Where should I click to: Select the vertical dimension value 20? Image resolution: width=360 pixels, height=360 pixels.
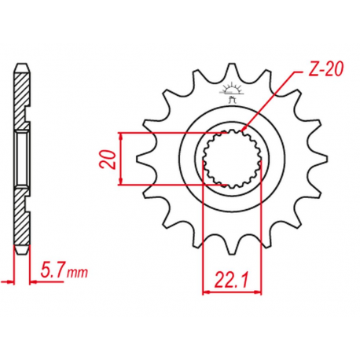111,160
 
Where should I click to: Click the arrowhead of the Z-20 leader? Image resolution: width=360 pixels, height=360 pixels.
246,127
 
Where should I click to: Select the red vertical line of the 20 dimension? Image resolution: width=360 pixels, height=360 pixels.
120,160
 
